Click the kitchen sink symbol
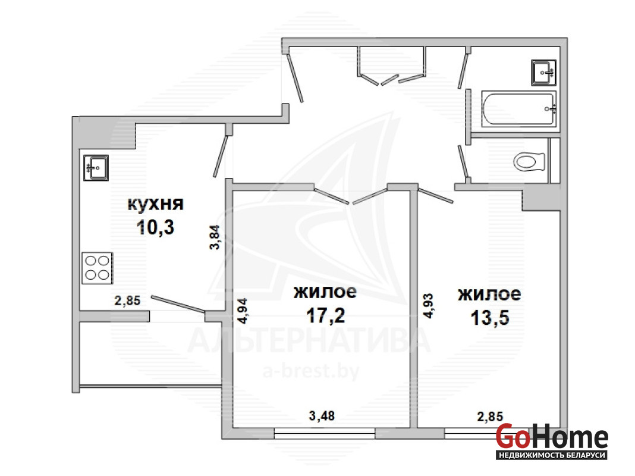click(96, 168)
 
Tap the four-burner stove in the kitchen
click(97, 268)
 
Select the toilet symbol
click(529, 162)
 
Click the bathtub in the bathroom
click(518, 108)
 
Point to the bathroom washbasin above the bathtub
click(543, 73)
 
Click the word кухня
click(156, 203)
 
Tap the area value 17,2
click(326, 315)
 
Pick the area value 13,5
click(489, 318)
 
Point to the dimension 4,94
click(242, 311)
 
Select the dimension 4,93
click(428, 306)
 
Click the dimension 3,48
click(322, 416)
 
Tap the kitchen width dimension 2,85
click(127, 300)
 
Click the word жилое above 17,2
click(325, 292)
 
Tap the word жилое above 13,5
click(489, 294)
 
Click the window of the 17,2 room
click(325, 434)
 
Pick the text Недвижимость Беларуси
click(552, 455)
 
